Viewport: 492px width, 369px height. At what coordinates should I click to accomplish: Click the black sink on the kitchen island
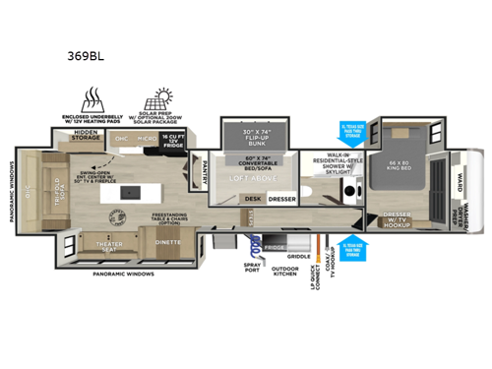(x=123, y=190)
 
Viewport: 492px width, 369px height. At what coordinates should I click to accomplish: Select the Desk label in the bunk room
(x=252, y=198)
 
